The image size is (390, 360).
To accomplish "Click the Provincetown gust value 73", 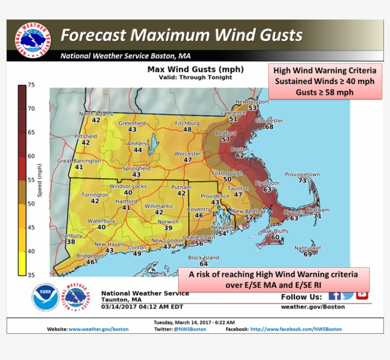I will pos(302,181).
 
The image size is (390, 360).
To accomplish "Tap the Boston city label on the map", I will pos(240,149).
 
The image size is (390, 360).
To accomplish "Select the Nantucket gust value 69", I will pos(307,254).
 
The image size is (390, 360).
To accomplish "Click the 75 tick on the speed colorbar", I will pos(31,85).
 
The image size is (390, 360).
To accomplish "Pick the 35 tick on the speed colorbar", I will pos(31,275).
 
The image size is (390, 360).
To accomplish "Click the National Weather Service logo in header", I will pos(32,40).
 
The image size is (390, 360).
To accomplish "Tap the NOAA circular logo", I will pos(46,299).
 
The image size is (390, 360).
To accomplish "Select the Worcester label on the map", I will pos(188,154).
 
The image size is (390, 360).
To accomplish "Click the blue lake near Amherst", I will pos(153,145).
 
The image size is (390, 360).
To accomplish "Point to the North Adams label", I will pos(96,114).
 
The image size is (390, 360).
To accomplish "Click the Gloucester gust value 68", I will pos(269,127).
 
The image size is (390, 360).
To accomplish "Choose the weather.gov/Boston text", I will pos(325,307).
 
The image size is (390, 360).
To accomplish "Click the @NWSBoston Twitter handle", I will pos(190,329).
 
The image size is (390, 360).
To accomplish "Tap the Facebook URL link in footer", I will pos(296,329).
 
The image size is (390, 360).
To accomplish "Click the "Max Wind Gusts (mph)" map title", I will pos(195,70).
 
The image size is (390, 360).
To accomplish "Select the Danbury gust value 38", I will pos(71,242).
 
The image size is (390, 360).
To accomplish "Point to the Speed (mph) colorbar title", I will pos(40,180).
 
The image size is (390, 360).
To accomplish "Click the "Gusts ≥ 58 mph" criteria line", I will pos(324,92).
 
